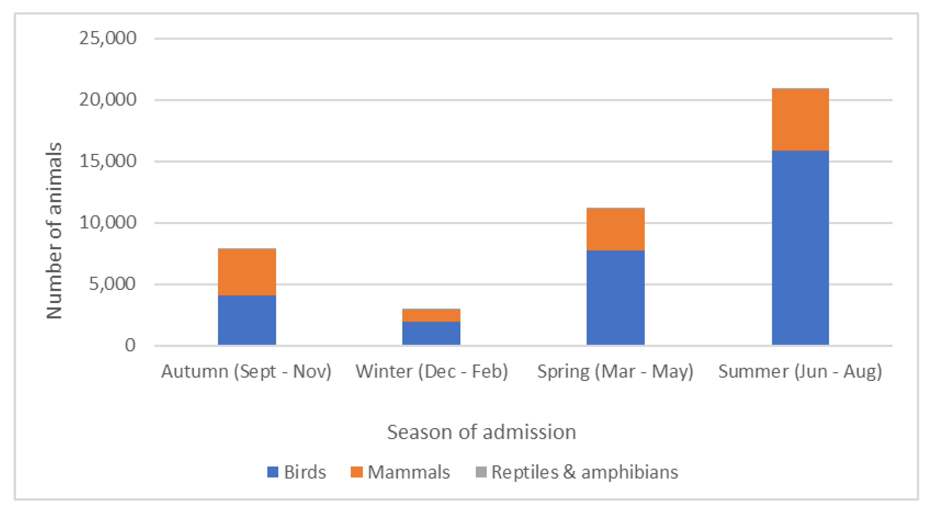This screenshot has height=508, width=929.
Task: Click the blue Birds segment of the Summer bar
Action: (800, 247)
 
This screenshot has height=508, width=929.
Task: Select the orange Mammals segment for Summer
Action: (800, 119)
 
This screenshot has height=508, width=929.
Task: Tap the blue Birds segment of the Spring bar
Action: (615, 297)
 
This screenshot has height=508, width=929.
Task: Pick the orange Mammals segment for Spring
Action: (615, 229)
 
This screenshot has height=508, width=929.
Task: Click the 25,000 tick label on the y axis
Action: (108, 38)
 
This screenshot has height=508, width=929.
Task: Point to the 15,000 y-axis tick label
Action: (108, 161)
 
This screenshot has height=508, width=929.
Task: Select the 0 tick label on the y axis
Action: (130, 345)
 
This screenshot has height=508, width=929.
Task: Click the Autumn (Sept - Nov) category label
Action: (246, 371)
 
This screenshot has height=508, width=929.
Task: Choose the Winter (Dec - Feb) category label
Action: (432, 371)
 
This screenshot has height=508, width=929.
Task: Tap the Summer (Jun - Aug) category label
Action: (800, 371)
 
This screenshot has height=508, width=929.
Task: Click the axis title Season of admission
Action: (481, 432)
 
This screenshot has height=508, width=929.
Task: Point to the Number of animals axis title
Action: (54, 231)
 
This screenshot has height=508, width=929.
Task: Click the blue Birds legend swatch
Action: (273, 472)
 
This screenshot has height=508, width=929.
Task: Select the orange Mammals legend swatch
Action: (356, 472)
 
